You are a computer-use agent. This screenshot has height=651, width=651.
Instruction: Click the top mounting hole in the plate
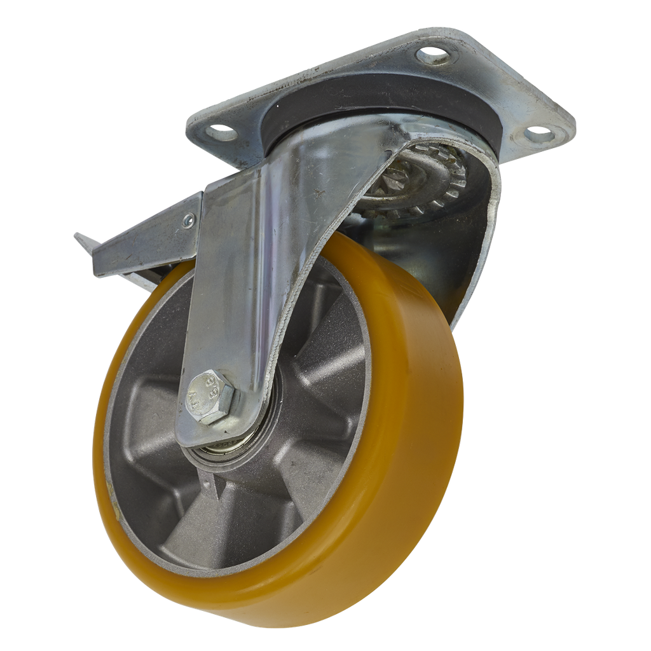pyautogui.click(x=434, y=56)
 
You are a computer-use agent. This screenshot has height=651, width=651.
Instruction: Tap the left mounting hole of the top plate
pyautogui.click(x=223, y=132)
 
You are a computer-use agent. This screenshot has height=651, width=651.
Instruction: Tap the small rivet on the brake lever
pyautogui.click(x=187, y=222)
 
